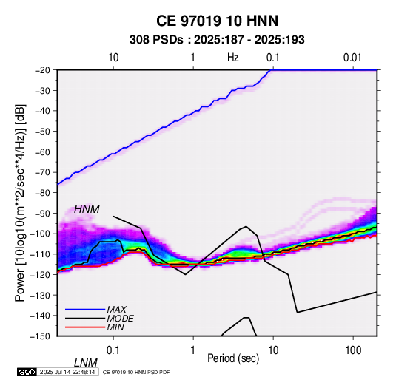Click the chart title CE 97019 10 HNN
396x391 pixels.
(x=217, y=21)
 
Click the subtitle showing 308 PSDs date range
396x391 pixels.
(x=217, y=40)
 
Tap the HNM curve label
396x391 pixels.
(x=87, y=209)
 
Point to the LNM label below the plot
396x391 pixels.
(x=86, y=363)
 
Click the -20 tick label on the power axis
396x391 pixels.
(x=42, y=70)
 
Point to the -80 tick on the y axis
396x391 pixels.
(x=42, y=193)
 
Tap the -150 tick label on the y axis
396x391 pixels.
(x=40, y=336)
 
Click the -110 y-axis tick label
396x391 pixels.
(x=40, y=254)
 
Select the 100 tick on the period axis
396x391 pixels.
(x=353, y=350)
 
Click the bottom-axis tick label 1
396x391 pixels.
(x=193, y=350)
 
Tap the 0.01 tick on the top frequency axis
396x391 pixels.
(x=352, y=58)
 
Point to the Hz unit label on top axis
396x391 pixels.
(x=233, y=58)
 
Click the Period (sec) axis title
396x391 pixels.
(x=233, y=358)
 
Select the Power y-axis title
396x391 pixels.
(x=20, y=203)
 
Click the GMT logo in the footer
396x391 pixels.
(x=27, y=372)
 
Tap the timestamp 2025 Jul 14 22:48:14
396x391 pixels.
(x=67, y=372)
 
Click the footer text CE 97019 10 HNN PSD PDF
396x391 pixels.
(x=136, y=372)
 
